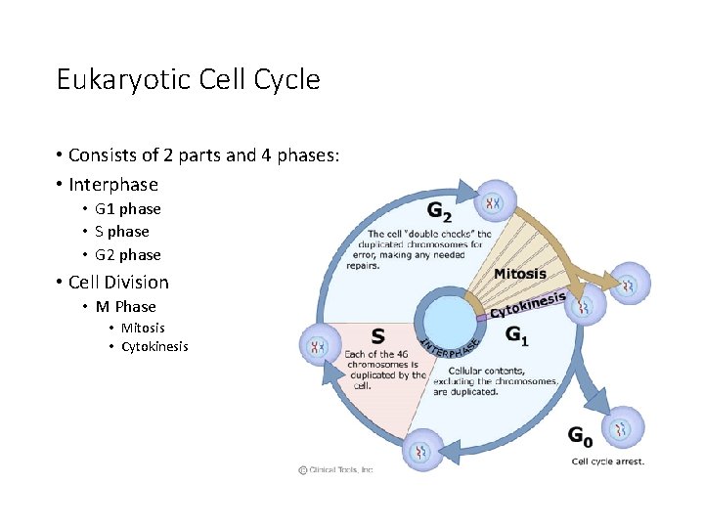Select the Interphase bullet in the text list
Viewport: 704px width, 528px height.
[x=112, y=185]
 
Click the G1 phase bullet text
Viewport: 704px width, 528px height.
[x=127, y=209]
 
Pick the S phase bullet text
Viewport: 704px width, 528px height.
[x=122, y=232]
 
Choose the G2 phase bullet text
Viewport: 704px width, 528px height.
[x=127, y=255]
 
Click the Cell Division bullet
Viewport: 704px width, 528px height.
[x=118, y=283]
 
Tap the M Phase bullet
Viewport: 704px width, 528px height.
[x=125, y=307]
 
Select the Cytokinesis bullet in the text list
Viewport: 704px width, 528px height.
[x=154, y=347]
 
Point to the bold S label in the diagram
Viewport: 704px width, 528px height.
[x=377, y=336]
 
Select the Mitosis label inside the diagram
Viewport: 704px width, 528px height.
[x=519, y=274]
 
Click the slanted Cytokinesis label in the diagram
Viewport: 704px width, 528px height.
[x=528, y=304]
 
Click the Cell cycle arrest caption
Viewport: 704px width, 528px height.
[x=607, y=462]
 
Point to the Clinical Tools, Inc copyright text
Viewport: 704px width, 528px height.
[x=335, y=470]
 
